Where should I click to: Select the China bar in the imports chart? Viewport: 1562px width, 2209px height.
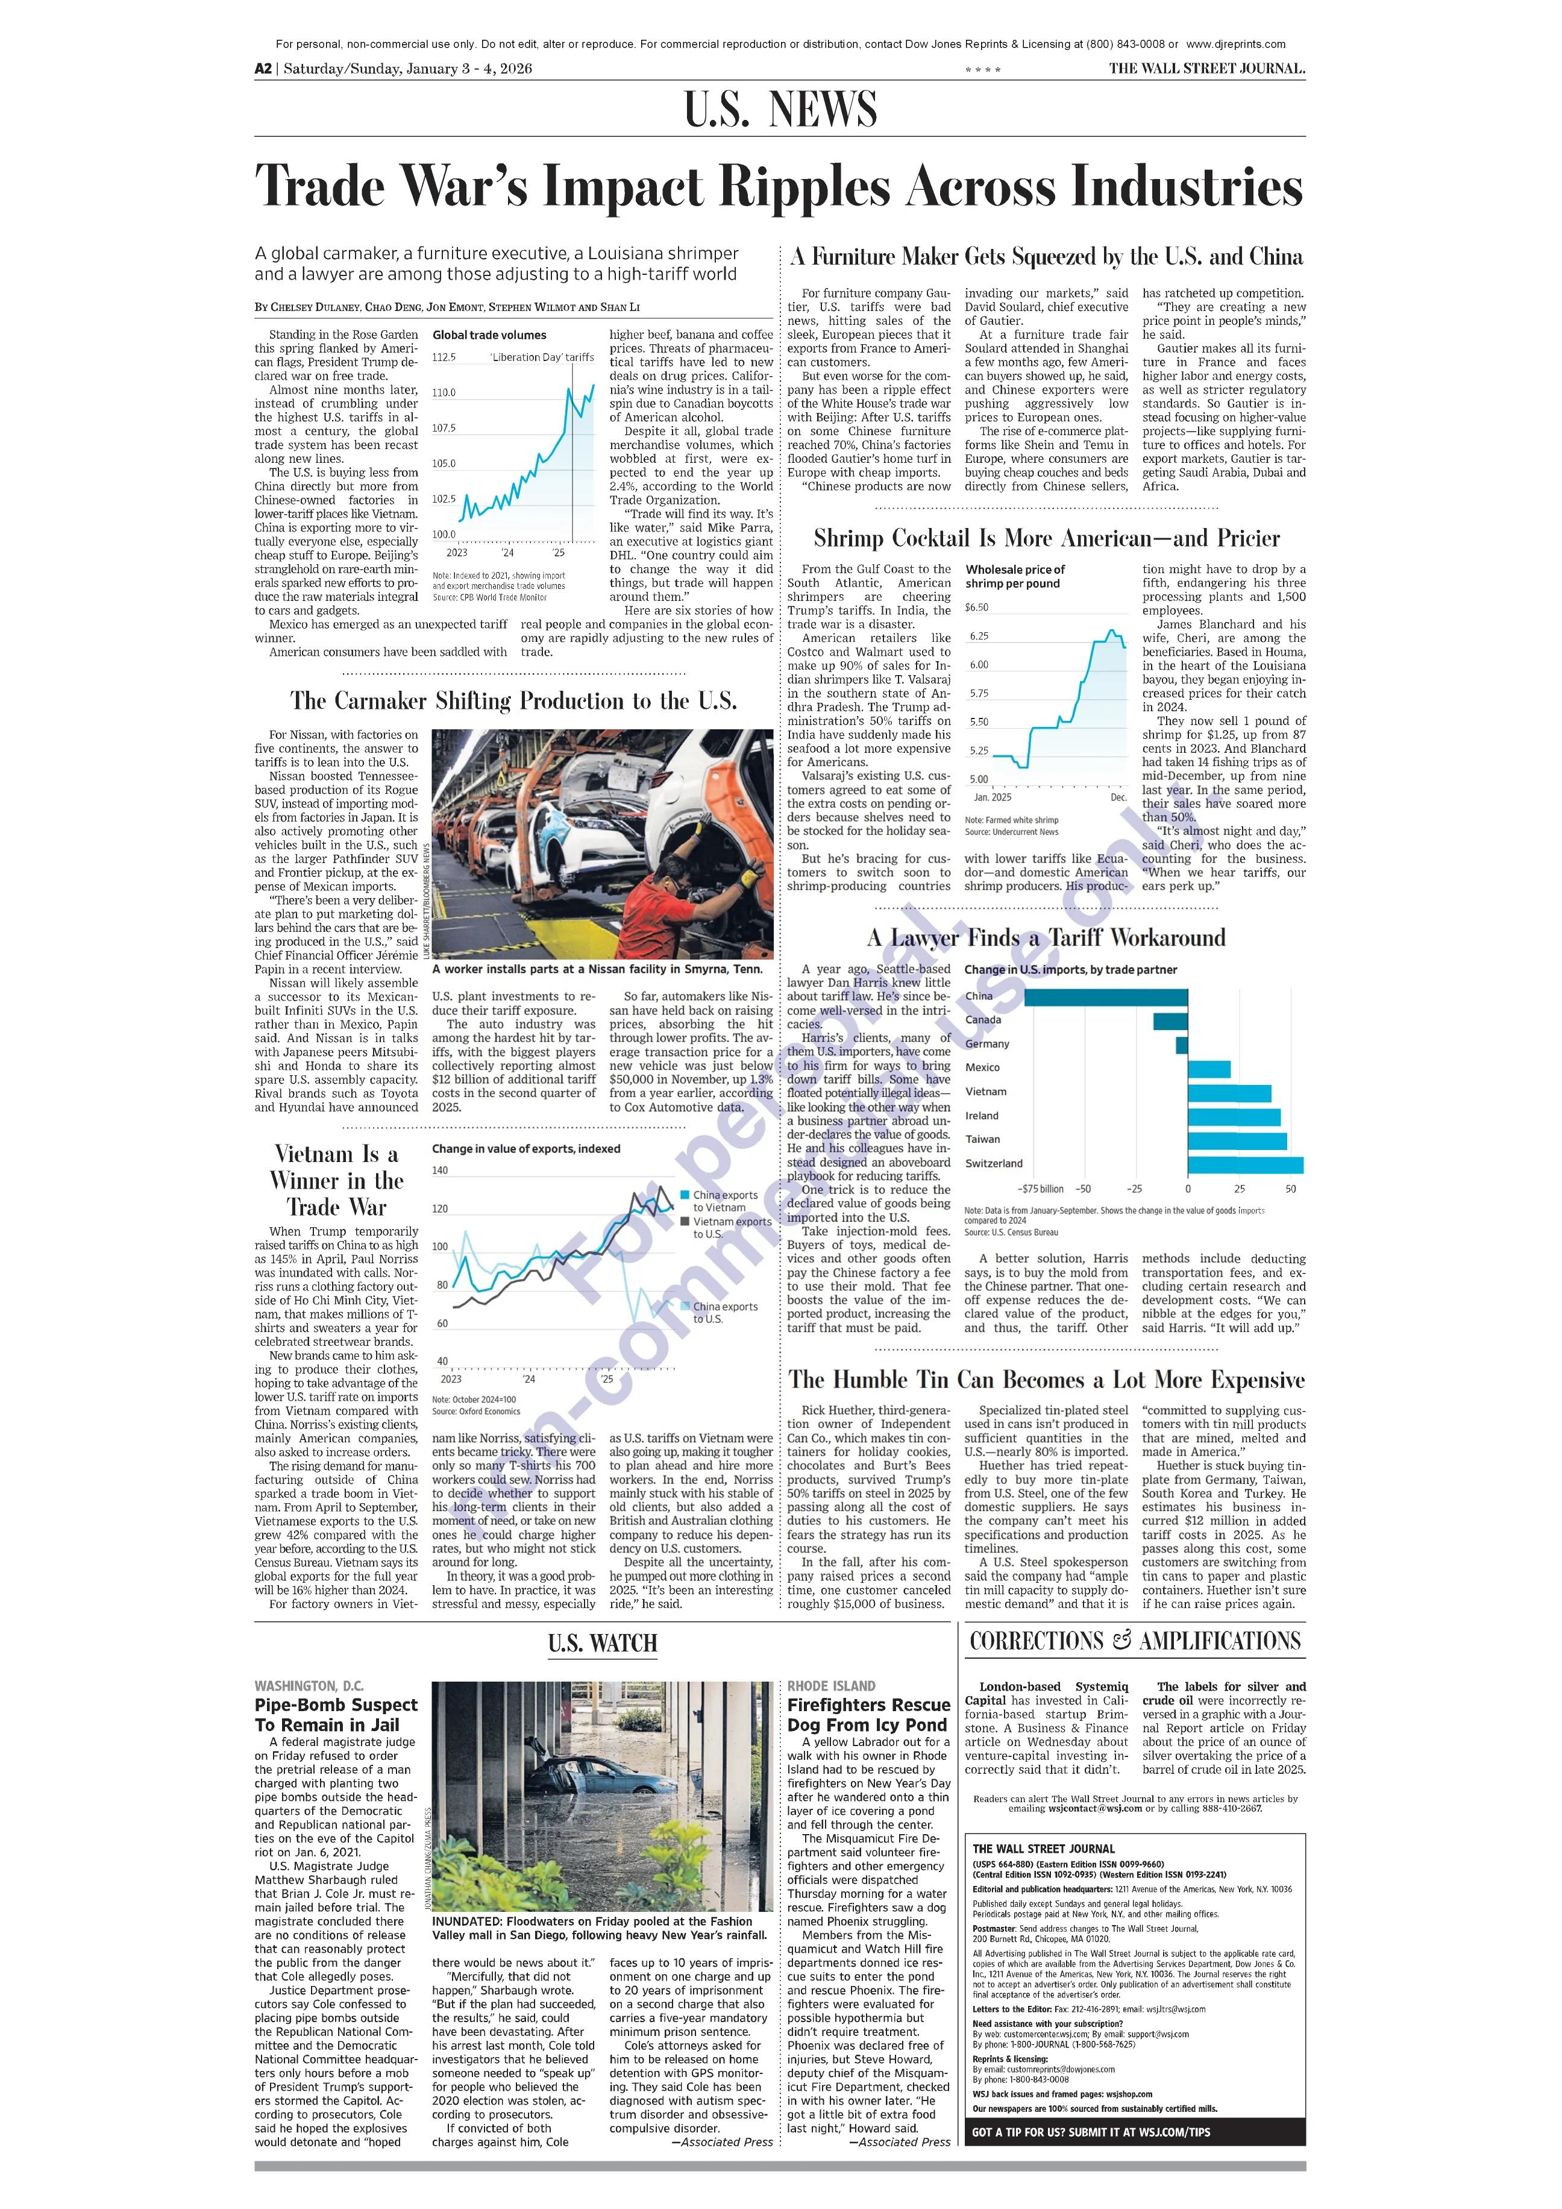pos(1105,997)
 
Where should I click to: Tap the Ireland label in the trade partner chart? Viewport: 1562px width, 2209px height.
pos(982,1116)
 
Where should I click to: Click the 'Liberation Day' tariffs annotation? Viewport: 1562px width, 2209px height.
pos(542,357)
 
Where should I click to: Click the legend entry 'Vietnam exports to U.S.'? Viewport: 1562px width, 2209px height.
pos(731,1228)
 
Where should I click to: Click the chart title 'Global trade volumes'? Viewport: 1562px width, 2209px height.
pos(489,335)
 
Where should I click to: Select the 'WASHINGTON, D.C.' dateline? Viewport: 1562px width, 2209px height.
pos(309,1686)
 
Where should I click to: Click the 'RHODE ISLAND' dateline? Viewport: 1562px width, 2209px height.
pos(831,1686)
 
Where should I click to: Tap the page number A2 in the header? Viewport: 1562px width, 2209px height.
pos(263,68)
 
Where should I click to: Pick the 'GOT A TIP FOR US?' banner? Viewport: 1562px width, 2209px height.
pos(1091,2132)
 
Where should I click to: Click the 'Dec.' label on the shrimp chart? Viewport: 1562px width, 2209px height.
pos(1118,797)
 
